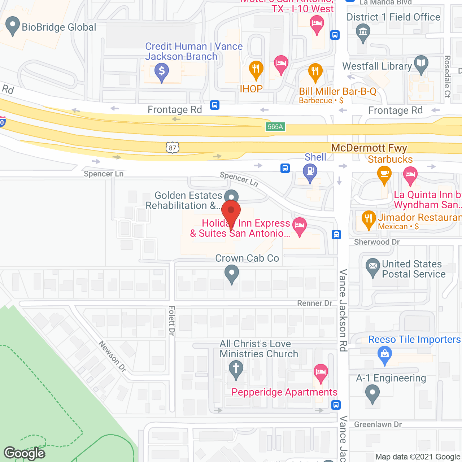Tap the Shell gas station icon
pyautogui.click(x=310, y=172)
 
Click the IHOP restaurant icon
pyautogui.click(x=256, y=69)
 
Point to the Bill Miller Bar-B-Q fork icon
pyautogui.click(x=315, y=72)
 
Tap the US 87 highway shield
pyautogui.click(x=173, y=148)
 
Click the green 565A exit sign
pyautogui.click(x=275, y=127)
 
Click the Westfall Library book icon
pyautogui.click(x=421, y=64)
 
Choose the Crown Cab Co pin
pyautogui.click(x=232, y=273)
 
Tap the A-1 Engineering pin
pyautogui.click(x=372, y=393)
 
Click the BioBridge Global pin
pyautogui.click(x=13, y=26)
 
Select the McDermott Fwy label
pyautogui.click(x=369, y=148)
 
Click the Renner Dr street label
pyautogui.click(x=314, y=303)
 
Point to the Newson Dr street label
pyautogui.click(x=113, y=356)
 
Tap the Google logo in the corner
pyautogui.click(x=25, y=453)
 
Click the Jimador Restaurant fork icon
pyautogui.click(x=369, y=219)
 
